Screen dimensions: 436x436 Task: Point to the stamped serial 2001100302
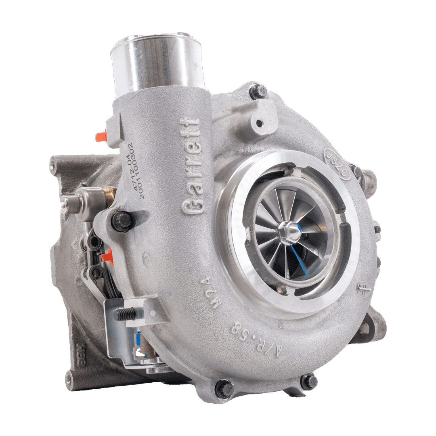pos(142,170)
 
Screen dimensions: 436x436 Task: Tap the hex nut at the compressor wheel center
pos(287,231)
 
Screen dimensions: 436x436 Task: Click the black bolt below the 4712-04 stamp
pos(122,221)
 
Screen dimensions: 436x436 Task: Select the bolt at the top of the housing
pos(258,91)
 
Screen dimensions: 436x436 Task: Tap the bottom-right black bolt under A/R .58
pos(309,381)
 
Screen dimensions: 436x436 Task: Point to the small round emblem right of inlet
pos(363,289)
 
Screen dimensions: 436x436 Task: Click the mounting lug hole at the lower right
pos(365,329)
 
